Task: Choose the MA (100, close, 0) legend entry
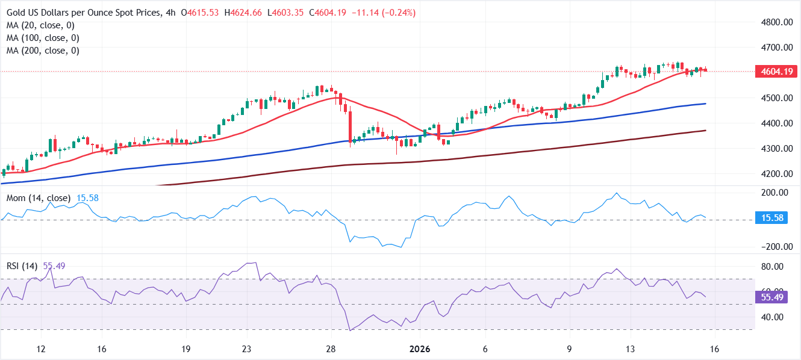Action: (x=43, y=38)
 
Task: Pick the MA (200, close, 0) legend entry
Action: (x=43, y=51)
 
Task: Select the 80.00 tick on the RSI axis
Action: (x=771, y=267)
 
